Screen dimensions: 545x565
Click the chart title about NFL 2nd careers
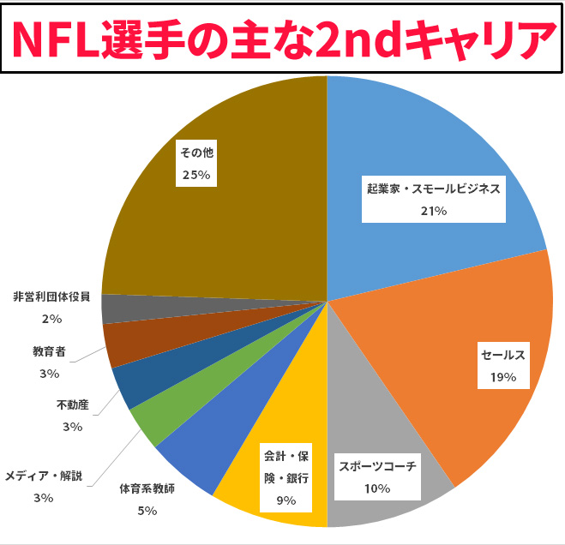point(282,38)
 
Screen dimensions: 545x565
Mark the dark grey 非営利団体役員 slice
point(116,308)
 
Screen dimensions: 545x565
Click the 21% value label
point(433,211)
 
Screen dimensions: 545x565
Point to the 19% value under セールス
point(503,376)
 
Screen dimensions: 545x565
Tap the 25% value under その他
point(195,174)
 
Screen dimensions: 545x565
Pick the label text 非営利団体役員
point(51,297)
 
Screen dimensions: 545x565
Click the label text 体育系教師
point(147,490)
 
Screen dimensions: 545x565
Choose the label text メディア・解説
point(44,476)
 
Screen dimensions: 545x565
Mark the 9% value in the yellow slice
point(286,500)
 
